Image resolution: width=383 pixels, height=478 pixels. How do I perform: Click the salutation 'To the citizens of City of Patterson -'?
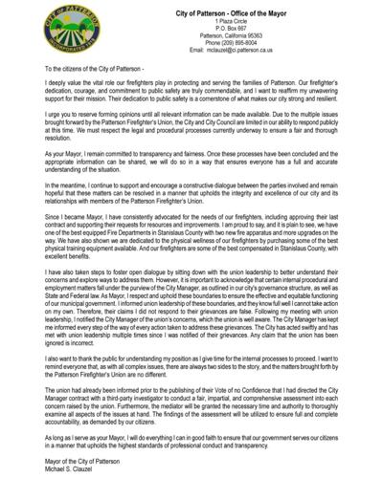coord(81,70)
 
